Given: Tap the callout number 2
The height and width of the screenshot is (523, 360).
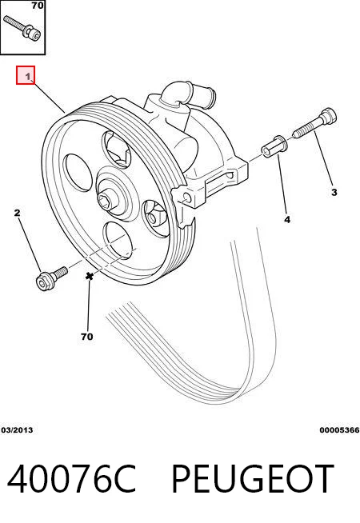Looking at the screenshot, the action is pyautogui.click(x=18, y=213).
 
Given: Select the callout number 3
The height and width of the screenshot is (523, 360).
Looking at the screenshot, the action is pyautogui.click(x=334, y=192).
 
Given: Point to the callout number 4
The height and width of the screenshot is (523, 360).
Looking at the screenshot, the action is pyautogui.click(x=287, y=219).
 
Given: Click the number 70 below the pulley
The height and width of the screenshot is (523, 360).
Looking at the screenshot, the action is pyautogui.click(x=86, y=337).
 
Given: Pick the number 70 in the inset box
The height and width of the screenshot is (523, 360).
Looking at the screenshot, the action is pyautogui.click(x=38, y=6).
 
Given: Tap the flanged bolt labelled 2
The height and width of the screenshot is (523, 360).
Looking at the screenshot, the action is pyautogui.click(x=51, y=278).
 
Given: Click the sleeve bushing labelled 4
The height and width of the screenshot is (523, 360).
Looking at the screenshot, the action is pyautogui.click(x=274, y=147).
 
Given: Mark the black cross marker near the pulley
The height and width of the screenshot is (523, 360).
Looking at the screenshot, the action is pyautogui.click(x=89, y=276).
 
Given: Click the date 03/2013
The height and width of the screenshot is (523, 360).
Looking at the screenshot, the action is pyautogui.click(x=17, y=430).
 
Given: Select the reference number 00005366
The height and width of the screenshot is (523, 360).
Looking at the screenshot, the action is pyautogui.click(x=339, y=430).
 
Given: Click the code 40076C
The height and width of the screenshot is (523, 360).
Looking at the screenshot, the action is pyautogui.click(x=72, y=479).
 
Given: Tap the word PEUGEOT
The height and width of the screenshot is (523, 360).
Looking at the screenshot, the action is pyautogui.click(x=253, y=479).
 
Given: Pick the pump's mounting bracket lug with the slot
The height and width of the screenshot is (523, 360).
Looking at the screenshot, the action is pyautogui.click(x=214, y=182).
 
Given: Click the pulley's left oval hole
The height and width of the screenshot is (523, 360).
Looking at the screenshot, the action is pyautogui.click(x=78, y=173).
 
